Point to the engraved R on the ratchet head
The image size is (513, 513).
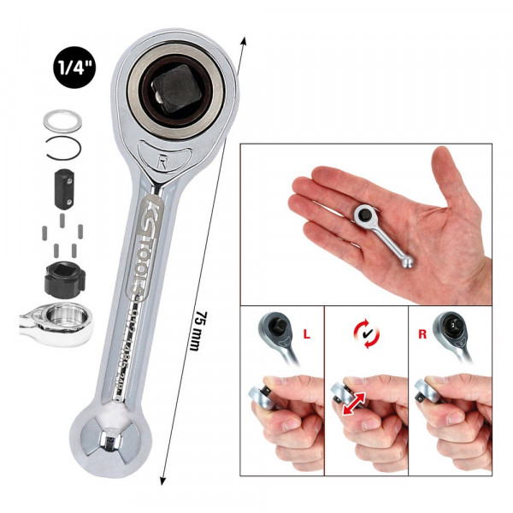click(162, 158)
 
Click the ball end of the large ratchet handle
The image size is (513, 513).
click(109, 438)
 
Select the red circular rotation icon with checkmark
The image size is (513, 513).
click(365, 333)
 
